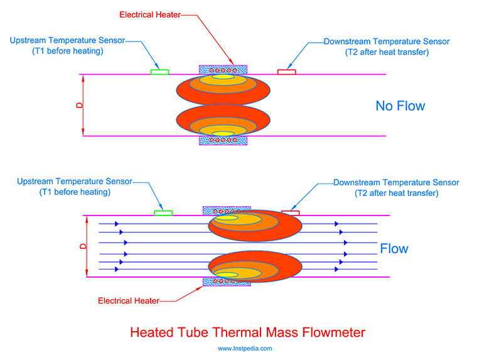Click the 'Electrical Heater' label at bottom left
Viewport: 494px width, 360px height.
point(129,300)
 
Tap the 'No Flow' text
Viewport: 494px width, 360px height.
point(400,106)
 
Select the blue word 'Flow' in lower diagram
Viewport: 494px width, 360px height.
point(394,249)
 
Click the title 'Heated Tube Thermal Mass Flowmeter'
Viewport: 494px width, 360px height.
point(247,331)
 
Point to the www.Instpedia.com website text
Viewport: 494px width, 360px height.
point(245,348)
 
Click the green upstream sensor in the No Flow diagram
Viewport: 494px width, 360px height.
point(159,72)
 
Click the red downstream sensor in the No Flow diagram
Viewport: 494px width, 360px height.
point(286,72)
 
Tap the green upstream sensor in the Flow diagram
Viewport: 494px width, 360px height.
point(163,213)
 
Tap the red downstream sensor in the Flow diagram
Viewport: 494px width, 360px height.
point(291,213)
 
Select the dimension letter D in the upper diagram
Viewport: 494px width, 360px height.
point(79,105)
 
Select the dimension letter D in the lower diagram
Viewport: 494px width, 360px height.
point(82,246)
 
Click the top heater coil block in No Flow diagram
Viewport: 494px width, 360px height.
point(223,69)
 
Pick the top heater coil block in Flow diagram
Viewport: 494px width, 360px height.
point(227,210)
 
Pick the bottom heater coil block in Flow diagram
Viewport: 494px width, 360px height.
point(227,281)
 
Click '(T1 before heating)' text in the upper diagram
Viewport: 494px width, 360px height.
point(67,51)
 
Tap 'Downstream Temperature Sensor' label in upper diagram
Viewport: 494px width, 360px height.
point(387,41)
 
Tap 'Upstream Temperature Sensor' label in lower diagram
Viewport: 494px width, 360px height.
point(74,182)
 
